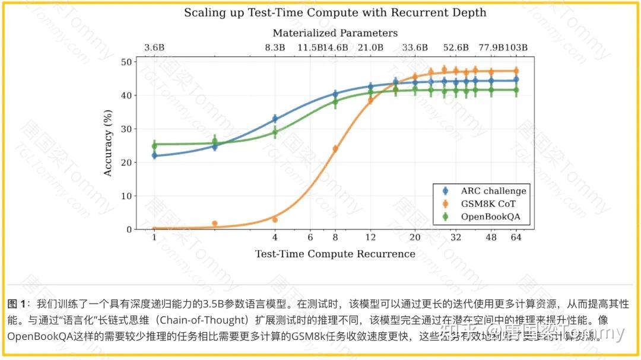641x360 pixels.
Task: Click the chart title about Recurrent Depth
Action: [x=335, y=12]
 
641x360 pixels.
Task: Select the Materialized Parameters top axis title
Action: [x=335, y=33]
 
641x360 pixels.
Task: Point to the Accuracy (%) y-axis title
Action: [x=108, y=145]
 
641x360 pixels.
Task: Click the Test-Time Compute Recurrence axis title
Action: [x=335, y=254]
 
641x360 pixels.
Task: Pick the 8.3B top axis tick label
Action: [x=275, y=48]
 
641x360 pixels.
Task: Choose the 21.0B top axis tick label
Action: [x=370, y=48]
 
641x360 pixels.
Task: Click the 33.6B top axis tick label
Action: [x=415, y=48]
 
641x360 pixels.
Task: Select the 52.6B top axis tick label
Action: [x=456, y=48]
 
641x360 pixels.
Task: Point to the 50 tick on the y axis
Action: [x=126, y=62]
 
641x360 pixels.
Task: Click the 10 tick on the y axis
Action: [x=126, y=196]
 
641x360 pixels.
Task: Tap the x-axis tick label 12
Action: [x=370, y=237]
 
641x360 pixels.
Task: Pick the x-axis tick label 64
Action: [x=516, y=237]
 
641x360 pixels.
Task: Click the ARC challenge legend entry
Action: [x=493, y=191]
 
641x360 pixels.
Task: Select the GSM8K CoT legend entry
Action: [x=488, y=203]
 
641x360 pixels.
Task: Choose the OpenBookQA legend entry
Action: [x=490, y=216]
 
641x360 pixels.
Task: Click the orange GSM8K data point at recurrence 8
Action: [x=335, y=149]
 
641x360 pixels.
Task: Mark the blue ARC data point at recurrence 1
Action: [x=154, y=155]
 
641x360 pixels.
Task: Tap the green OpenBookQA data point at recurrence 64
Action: [x=516, y=90]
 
